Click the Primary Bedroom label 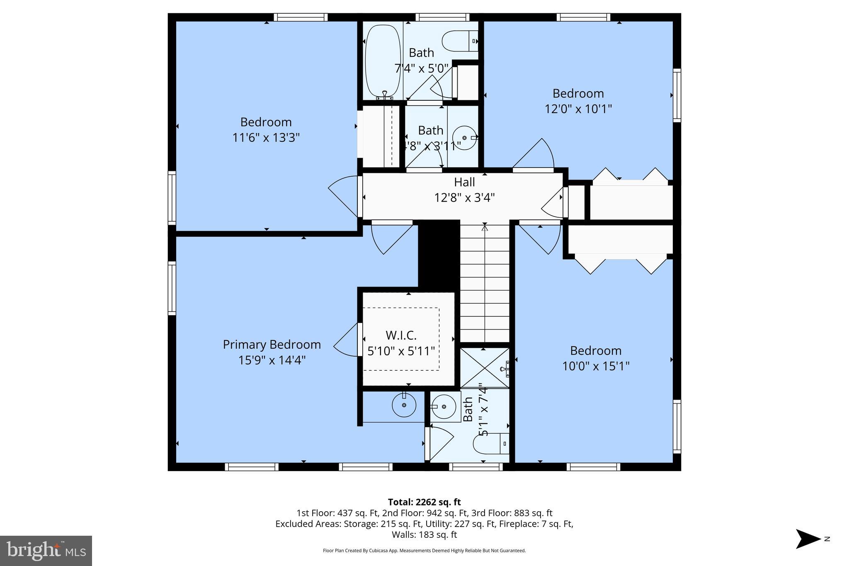tap(272, 345)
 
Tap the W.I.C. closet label tap(401, 335)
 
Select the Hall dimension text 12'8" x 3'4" tap(464, 198)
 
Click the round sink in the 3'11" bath tap(464, 138)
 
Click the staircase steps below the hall tap(485, 282)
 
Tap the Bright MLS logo tap(46, 551)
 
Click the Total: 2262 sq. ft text tap(424, 502)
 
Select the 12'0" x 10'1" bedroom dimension tap(578, 109)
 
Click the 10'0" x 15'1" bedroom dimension tap(595, 366)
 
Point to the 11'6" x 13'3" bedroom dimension tap(266, 138)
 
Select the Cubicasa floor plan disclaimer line tap(424, 551)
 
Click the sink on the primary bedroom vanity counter tap(404, 406)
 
